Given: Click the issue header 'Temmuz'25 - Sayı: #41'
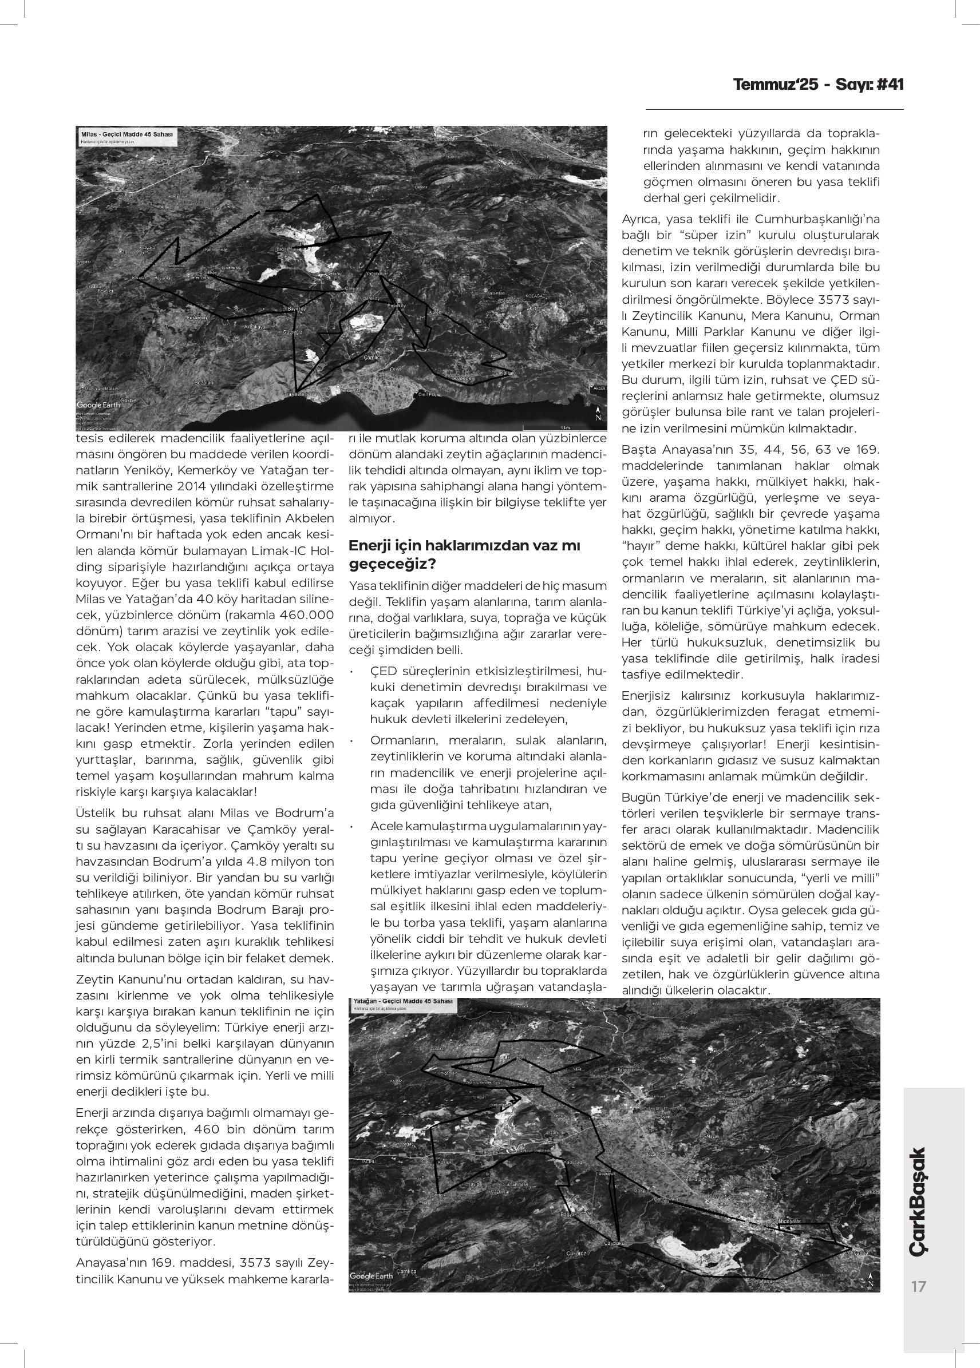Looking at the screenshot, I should coord(818,85).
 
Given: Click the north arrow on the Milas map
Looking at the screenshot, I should coord(598,413).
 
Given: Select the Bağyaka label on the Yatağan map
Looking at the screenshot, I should coord(570,1214).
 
